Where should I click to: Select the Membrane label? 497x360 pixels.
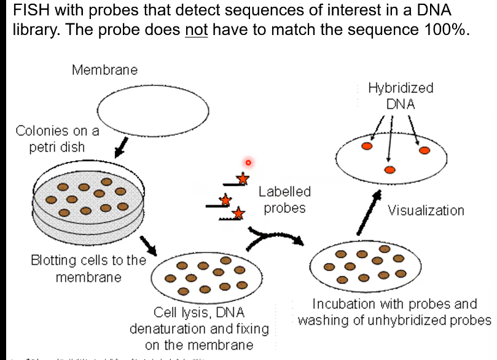pos(104,69)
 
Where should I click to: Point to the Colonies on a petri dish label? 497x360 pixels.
pos(57,139)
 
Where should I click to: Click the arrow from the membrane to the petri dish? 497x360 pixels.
pos(122,147)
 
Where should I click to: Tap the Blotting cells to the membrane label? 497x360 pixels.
pos(88,268)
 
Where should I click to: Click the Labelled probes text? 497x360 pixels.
pos(284,200)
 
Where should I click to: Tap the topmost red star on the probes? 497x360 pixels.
pos(243,179)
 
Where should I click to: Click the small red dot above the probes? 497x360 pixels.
pos(248,163)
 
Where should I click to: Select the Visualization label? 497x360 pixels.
pos(426,211)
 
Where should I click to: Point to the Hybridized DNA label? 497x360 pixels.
pos(401,96)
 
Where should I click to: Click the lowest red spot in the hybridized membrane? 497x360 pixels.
pos(389,170)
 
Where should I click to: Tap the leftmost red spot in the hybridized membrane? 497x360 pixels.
pos(366,147)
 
